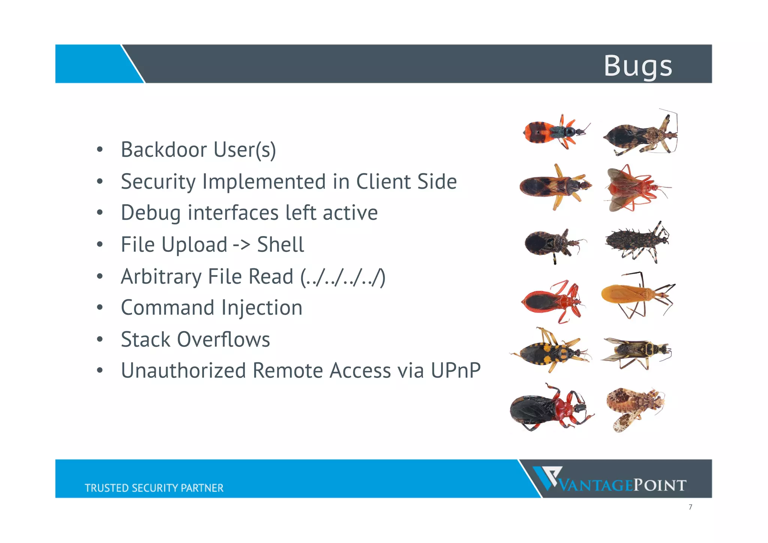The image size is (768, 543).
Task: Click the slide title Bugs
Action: coord(638,66)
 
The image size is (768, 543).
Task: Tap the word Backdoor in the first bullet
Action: coord(164,150)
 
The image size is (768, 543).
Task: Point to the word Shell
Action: coord(280,245)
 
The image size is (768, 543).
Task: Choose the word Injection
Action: coord(262,308)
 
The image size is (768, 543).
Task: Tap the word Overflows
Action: coord(223,340)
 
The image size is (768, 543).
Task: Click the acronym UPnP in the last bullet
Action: coord(455,371)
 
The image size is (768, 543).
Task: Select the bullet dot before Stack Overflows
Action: coord(99,340)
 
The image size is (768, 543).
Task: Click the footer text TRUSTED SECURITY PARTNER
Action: coord(154,488)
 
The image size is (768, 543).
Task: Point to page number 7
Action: coord(690,507)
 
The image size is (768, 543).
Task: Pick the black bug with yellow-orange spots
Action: coord(550,351)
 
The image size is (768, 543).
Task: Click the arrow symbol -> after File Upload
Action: coord(241,245)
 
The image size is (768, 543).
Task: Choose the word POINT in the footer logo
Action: coord(660,485)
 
